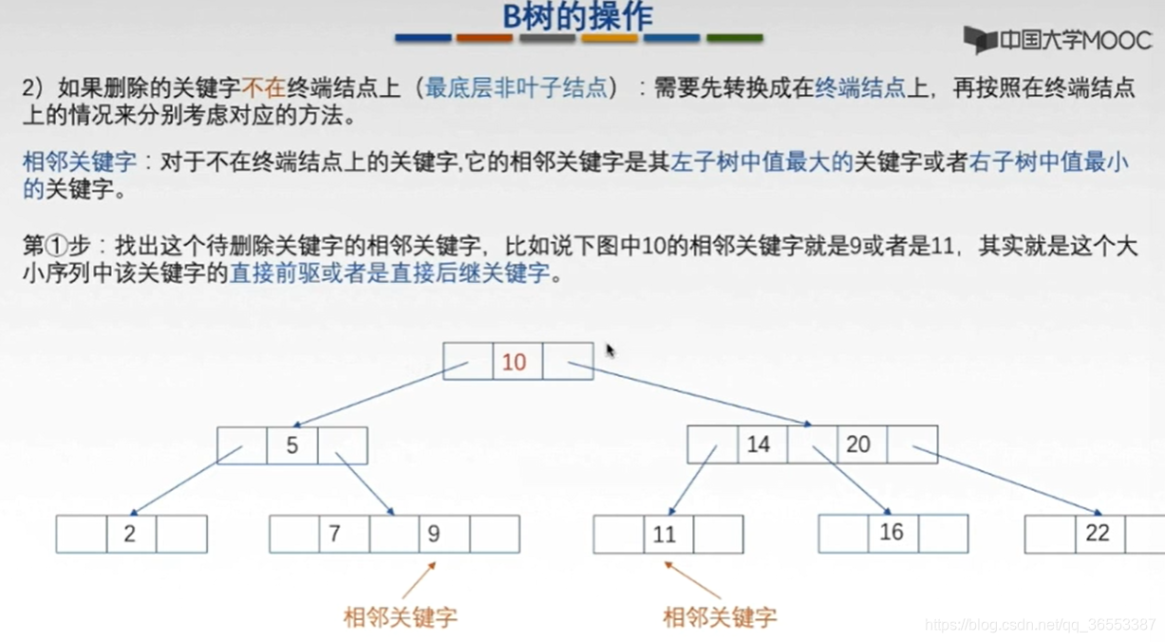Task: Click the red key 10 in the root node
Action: [514, 362]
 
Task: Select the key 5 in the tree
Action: [291, 445]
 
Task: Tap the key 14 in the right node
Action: [758, 444]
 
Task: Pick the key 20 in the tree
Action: [858, 444]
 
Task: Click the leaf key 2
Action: [130, 534]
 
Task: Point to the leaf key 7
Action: [334, 534]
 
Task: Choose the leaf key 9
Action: [434, 534]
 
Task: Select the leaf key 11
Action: [665, 535]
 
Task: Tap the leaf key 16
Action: [891, 533]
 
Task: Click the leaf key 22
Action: [1098, 533]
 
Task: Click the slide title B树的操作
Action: [577, 16]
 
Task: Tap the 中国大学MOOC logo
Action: [1057, 40]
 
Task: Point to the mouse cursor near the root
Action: [610, 350]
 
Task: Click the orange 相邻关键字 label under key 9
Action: [400, 617]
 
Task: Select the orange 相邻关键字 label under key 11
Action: [720, 617]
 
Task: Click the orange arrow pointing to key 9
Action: [419, 579]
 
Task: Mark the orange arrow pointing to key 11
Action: [691, 579]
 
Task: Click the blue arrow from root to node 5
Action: [367, 394]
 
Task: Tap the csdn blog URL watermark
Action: [1040, 625]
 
